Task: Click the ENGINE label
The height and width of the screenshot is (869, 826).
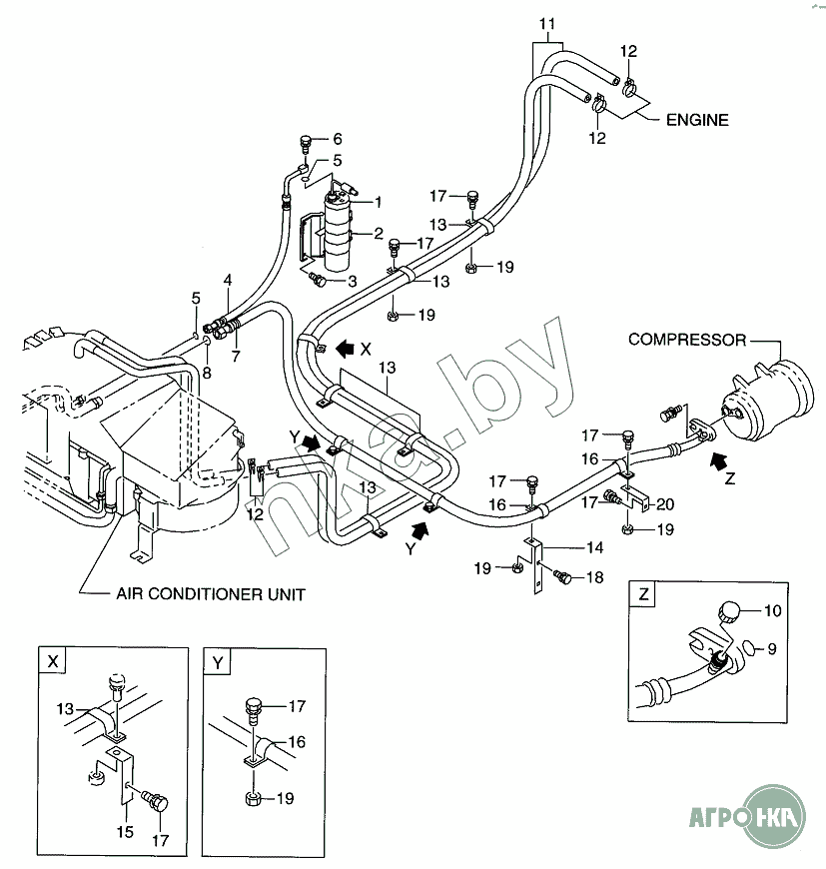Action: pos(697,120)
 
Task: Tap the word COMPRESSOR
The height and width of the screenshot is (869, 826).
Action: pos(687,340)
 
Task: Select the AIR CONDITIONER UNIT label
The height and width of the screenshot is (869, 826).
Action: pos(211,594)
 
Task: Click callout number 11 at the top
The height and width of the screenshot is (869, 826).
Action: pos(546,24)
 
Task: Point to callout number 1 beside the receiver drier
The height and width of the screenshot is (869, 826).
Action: pos(379,202)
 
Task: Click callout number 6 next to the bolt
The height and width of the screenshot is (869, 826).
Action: pos(338,139)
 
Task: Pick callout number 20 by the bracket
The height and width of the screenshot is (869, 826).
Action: pos(665,503)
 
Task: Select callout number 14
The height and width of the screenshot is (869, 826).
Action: pos(595,547)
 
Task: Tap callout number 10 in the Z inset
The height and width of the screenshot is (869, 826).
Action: pos(773,610)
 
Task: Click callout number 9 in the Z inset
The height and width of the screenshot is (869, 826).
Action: pos(772,648)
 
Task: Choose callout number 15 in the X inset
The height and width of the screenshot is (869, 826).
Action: pos(125,831)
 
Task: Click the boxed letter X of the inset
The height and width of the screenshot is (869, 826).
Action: pos(53,661)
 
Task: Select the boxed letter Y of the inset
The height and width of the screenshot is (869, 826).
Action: pos(218,663)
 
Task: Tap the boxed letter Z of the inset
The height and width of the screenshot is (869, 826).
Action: pos(644,594)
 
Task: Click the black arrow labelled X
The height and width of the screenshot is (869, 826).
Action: pos(346,348)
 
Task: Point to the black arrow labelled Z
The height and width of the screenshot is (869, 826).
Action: pos(720,460)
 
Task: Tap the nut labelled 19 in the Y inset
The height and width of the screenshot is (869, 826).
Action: pos(253,799)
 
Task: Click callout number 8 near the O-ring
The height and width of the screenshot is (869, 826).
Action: pos(207,373)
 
